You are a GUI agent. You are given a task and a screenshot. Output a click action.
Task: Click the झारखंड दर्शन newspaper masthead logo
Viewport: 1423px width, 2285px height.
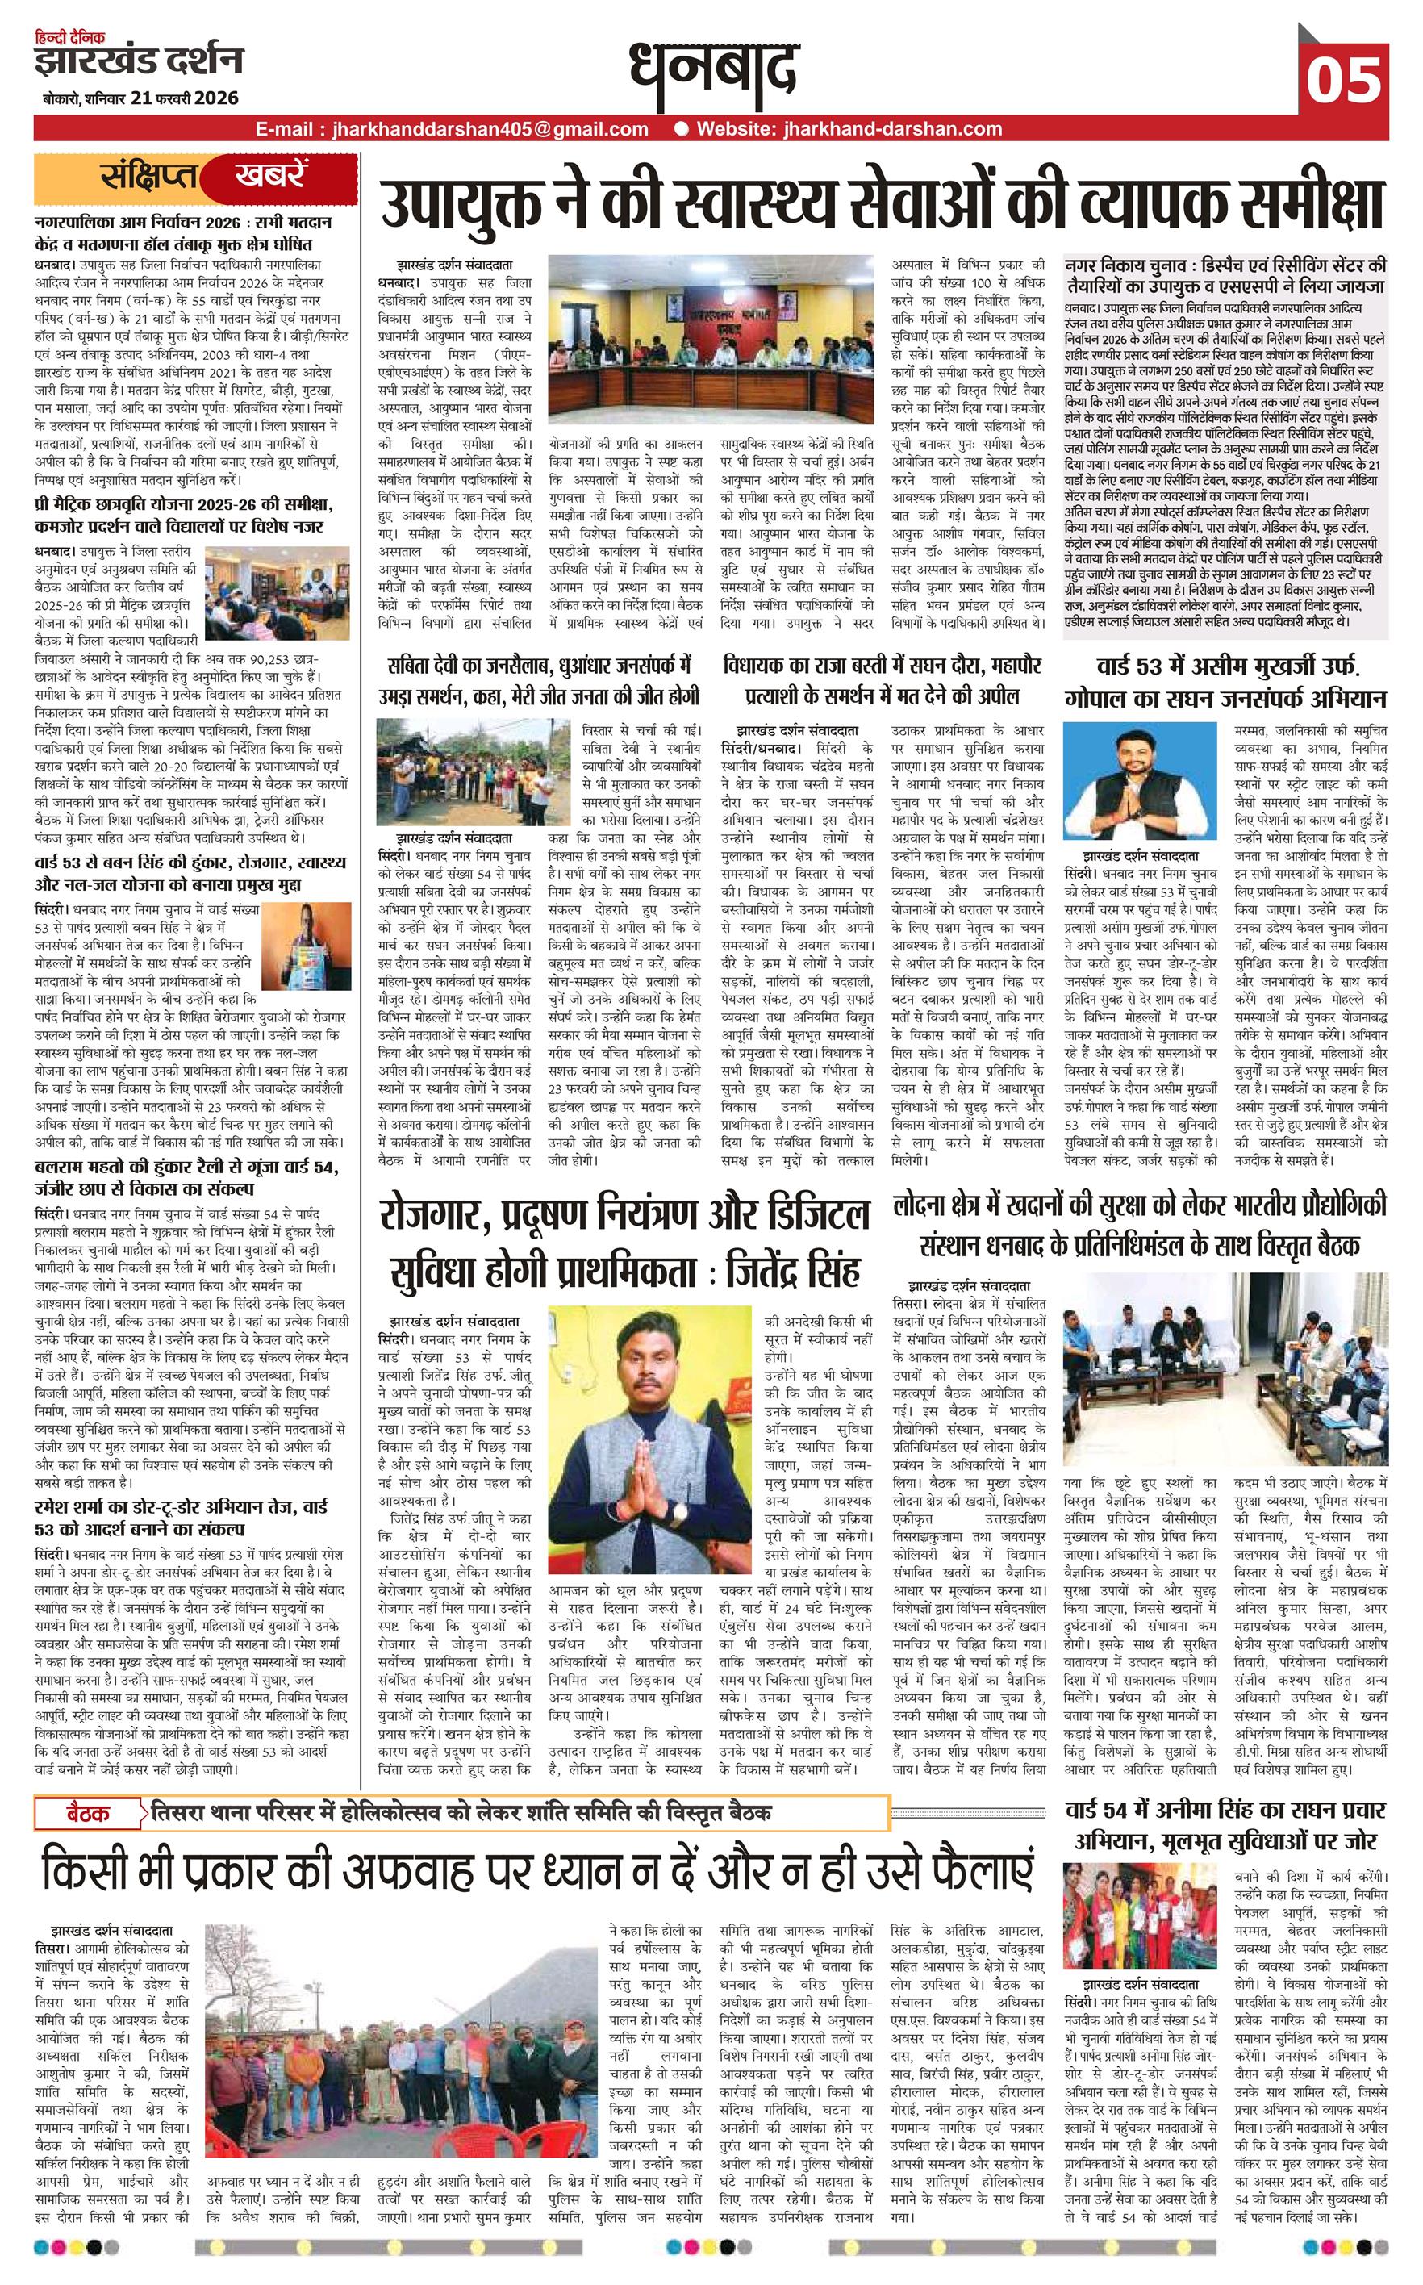(x=140, y=62)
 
